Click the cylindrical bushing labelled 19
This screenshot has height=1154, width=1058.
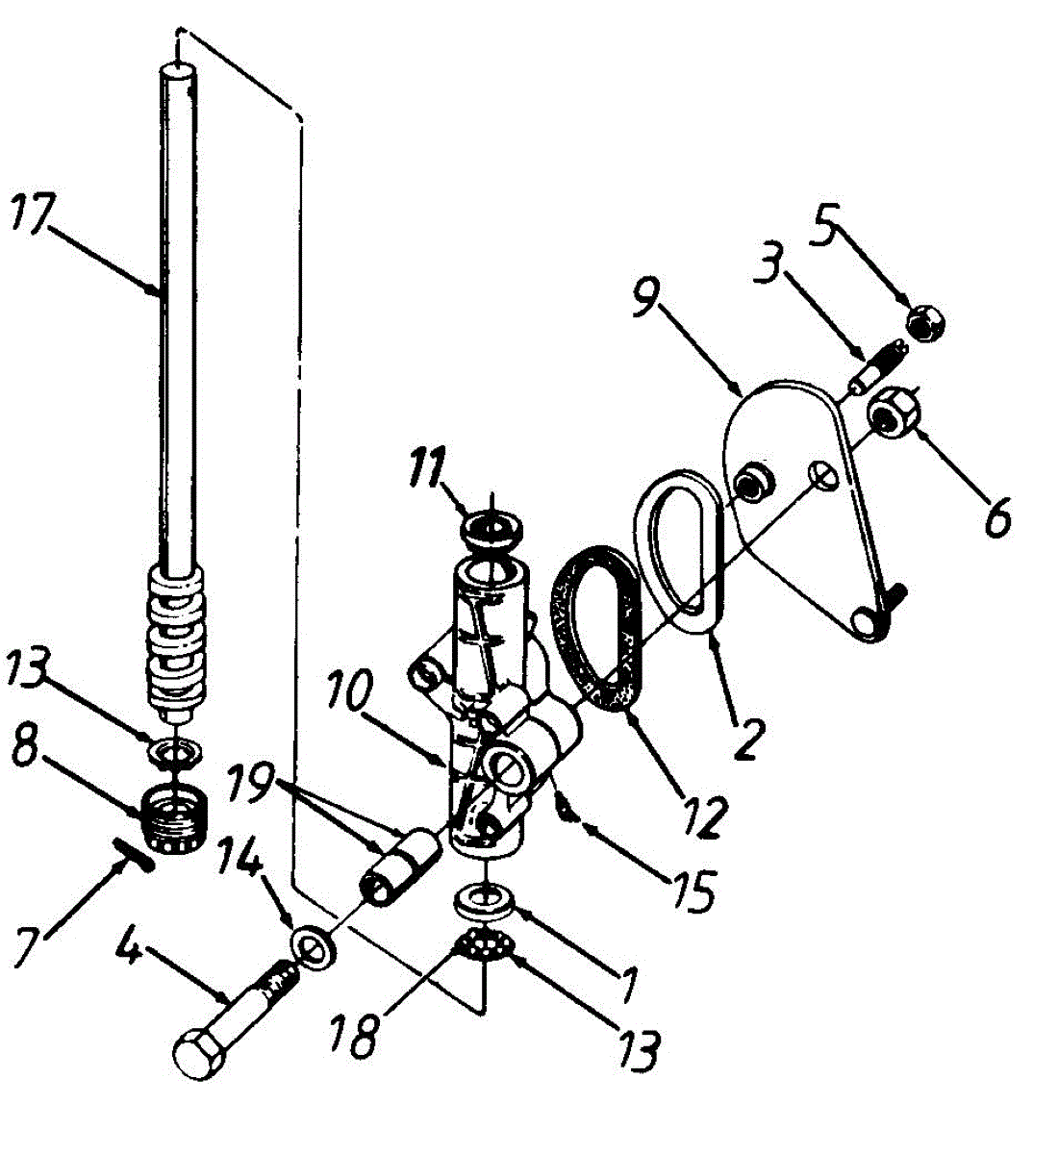[x=397, y=865]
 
